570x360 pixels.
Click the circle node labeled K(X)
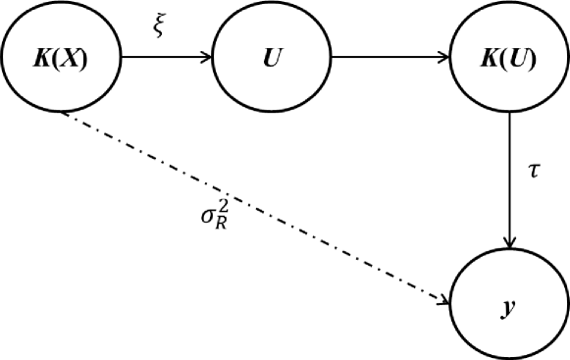click(62, 59)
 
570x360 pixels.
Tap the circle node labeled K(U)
click(508, 59)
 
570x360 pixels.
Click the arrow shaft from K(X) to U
click(162, 57)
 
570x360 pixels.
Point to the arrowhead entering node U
click(207, 57)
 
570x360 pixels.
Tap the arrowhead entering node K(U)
click(443, 57)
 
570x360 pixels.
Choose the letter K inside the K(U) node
click(489, 59)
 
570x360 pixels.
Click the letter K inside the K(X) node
click(42, 59)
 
